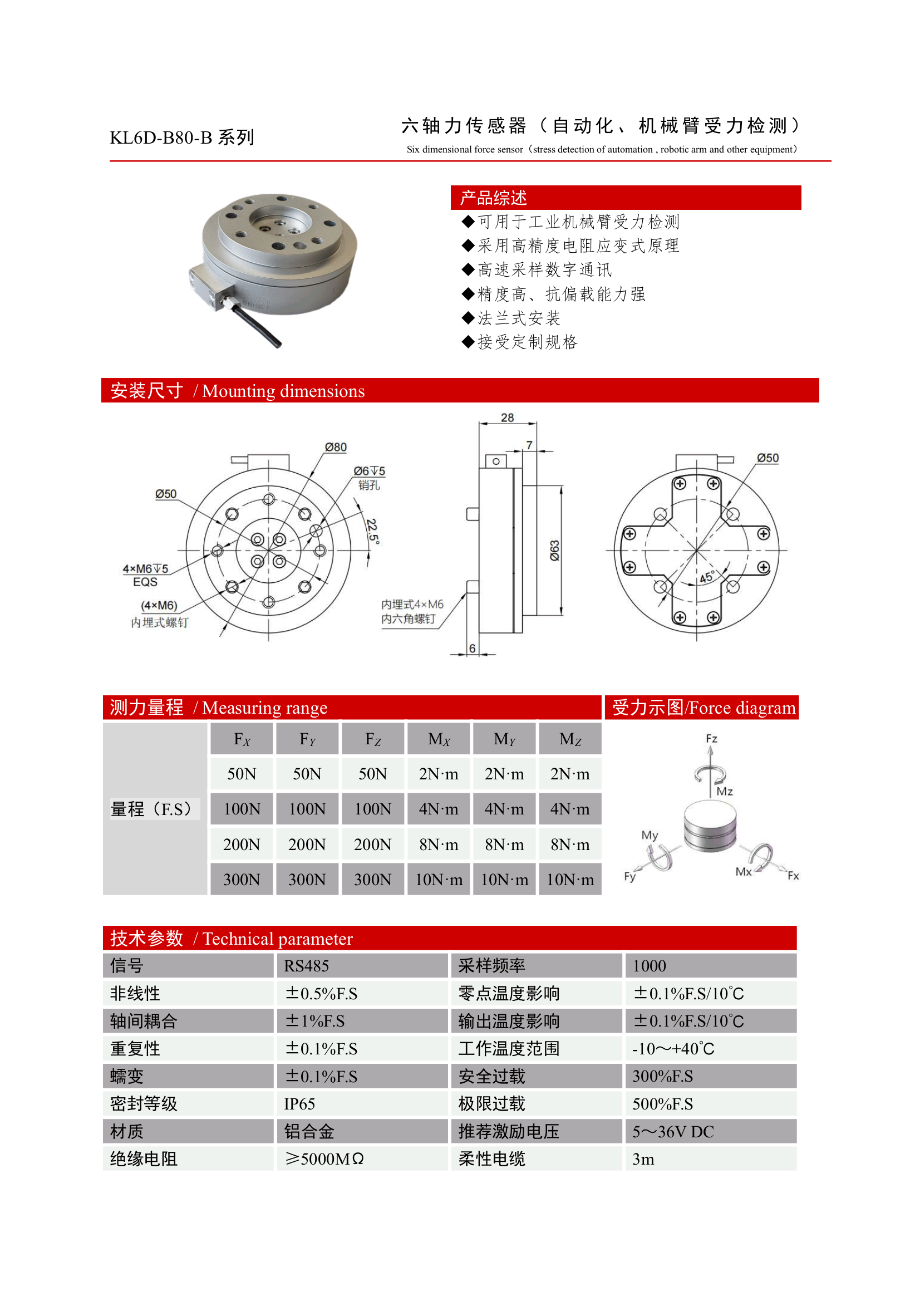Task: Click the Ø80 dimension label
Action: (336, 447)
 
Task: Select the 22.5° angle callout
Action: (372, 531)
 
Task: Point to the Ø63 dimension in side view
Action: (554, 550)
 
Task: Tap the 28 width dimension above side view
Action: (507, 418)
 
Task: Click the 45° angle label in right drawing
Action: (707, 577)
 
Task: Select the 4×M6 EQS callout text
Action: (146, 575)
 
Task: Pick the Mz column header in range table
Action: (570, 739)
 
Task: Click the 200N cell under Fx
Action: (242, 845)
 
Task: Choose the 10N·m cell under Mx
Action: (439, 880)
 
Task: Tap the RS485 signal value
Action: (307, 965)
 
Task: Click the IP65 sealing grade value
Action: (299, 1104)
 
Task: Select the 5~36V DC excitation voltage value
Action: (673, 1132)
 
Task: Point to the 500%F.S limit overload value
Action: (662, 1104)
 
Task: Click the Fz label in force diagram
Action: (711, 739)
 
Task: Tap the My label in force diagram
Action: (650, 835)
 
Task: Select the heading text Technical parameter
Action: (278, 939)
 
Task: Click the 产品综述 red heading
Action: (493, 198)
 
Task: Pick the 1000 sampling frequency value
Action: (649, 965)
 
